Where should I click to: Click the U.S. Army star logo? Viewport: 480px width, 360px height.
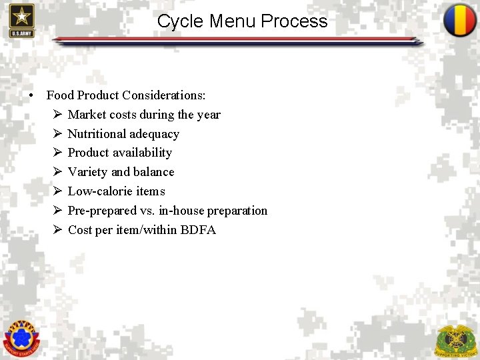pyautogui.click(x=21, y=20)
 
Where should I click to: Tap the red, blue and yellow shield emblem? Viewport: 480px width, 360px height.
pyautogui.click(x=460, y=21)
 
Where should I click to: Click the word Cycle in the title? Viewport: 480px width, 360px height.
pyautogui.click(x=181, y=21)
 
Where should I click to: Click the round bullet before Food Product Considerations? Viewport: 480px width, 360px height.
pyautogui.click(x=31, y=96)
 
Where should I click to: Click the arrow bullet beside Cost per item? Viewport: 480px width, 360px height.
pyautogui.click(x=57, y=230)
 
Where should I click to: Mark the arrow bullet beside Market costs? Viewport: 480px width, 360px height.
pyautogui.click(x=57, y=115)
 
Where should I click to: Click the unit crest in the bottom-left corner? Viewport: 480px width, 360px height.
pyautogui.click(x=21, y=337)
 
